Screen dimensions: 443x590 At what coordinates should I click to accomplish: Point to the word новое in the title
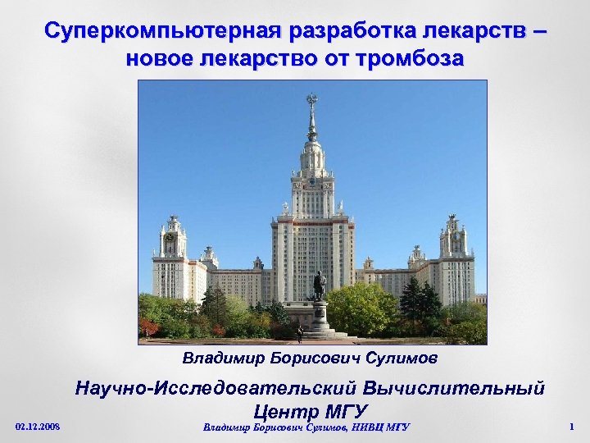tap(162, 59)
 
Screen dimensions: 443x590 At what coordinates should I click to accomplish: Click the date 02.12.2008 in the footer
tap(38, 427)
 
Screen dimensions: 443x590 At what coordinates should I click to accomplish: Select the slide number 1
tap(570, 427)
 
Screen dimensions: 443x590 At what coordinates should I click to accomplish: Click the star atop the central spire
tap(311, 100)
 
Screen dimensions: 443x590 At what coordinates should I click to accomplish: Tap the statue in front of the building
tap(319, 285)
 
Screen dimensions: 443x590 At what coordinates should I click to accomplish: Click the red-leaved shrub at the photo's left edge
tap(147, 327)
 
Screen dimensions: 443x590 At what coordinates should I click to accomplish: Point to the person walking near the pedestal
tap(300, 333)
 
